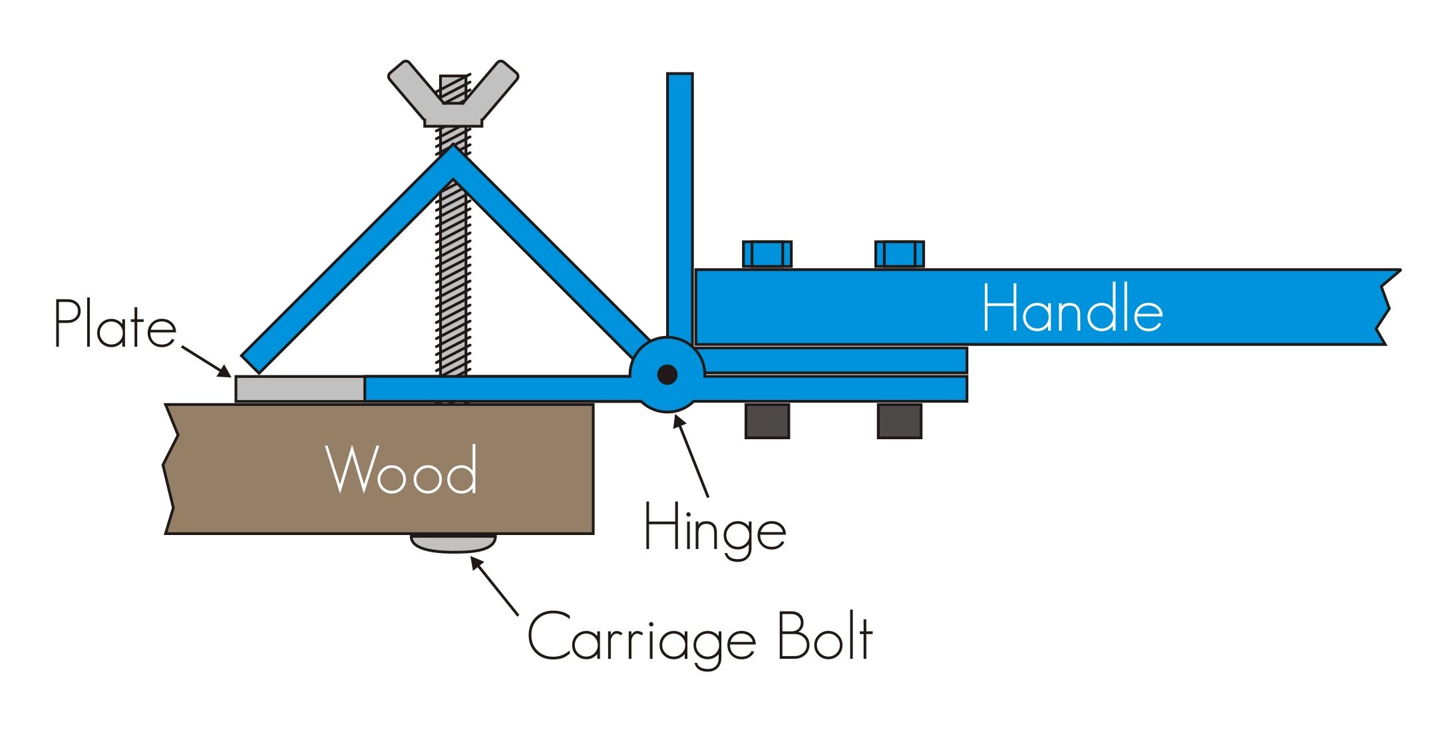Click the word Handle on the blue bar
pos(1072,308)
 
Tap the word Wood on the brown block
pos(402,470)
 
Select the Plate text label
pos(114,324)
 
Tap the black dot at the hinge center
pos(667,375)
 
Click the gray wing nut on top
pos(453,93)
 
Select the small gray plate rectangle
pos(299,389)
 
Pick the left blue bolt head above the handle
pos(767,254)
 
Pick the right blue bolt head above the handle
pos(899,254)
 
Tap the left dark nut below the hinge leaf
pos(767,421)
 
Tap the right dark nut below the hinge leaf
pos(899,421)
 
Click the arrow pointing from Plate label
pos(206,361)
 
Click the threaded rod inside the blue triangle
pos(453,279)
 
